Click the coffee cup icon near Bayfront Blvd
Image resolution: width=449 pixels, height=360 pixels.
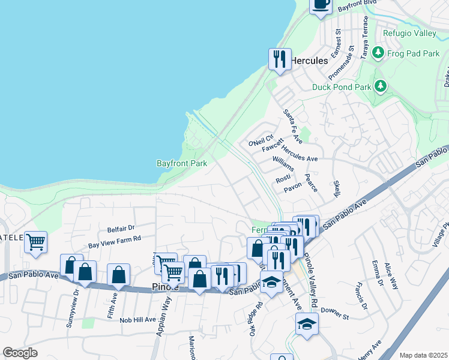(320, 4)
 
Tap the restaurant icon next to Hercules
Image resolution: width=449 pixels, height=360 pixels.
(280, 59)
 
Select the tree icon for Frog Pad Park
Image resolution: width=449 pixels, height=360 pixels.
(378, 53)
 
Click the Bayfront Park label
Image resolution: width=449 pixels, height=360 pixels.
(182, 163)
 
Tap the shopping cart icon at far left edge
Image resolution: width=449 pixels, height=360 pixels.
(36, 243)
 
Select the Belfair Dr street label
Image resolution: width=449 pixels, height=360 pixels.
(122, 228)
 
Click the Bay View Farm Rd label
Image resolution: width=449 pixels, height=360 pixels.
(114, 242)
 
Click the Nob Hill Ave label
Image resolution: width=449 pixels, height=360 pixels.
(137, 320)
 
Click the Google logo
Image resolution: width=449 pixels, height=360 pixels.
(20, 353)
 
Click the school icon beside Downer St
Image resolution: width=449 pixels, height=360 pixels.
(307, 324)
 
